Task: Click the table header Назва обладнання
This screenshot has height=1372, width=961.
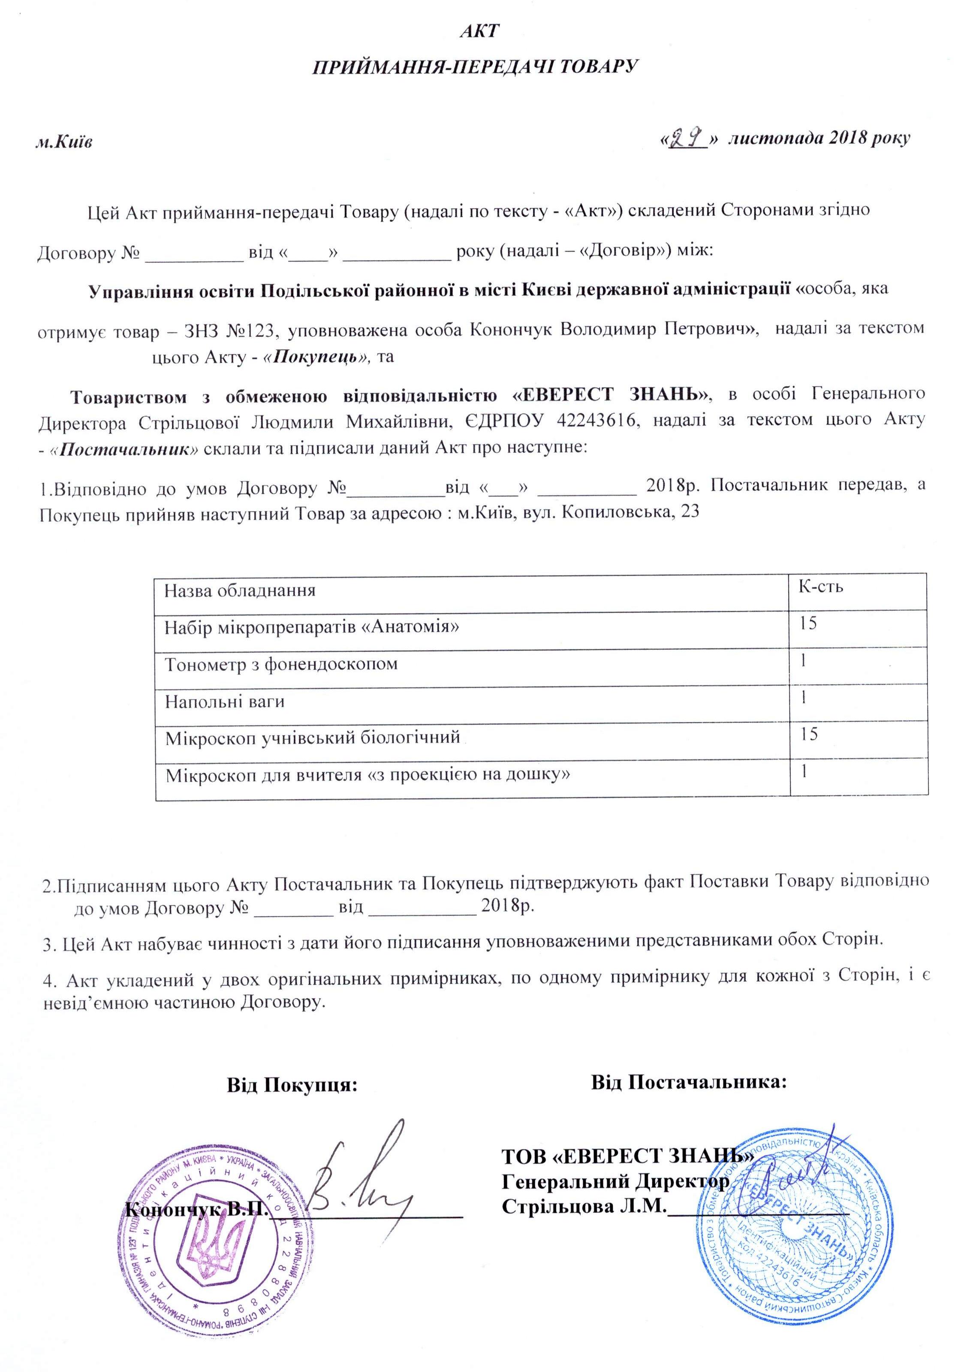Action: pyautogui.click(x=240, y=591)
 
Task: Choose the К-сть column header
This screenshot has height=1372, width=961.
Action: pyautogui.click(x=821, y=586)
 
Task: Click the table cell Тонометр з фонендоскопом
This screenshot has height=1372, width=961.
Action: pyautogui.click(x=281, y=664)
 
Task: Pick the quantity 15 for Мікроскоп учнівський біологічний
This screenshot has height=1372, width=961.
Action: pyautogui.click(x=809, y=734)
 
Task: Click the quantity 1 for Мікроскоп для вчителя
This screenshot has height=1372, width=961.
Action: pyautogui.click(x=805, y=772)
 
